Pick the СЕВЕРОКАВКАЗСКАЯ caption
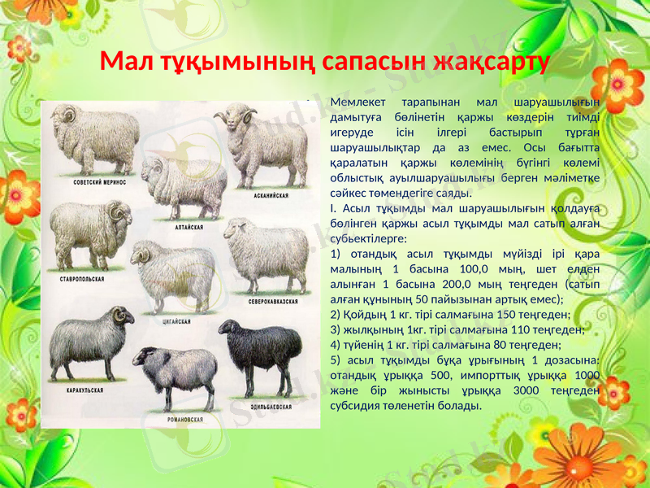pyautogui.click(x=274, y=302)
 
